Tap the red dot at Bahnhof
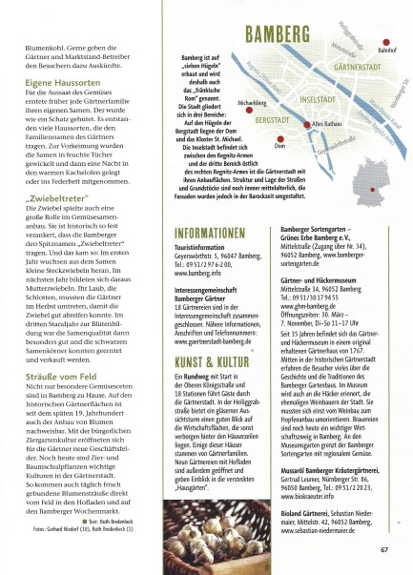(x=387, y=45)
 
